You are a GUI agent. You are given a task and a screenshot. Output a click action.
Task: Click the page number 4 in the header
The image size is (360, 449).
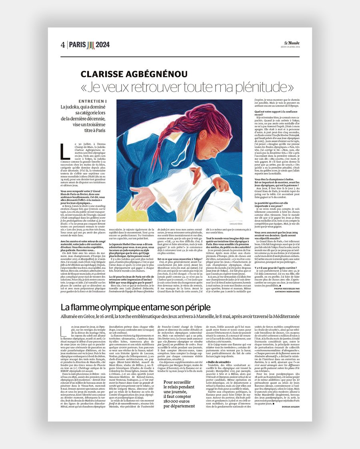[63, 44]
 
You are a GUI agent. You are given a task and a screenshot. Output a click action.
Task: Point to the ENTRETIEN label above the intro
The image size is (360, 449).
[92, 101]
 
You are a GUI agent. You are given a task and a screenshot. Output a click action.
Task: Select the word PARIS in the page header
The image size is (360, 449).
[77, 44]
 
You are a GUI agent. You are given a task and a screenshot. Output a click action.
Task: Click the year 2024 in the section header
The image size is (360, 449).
[103, 44]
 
